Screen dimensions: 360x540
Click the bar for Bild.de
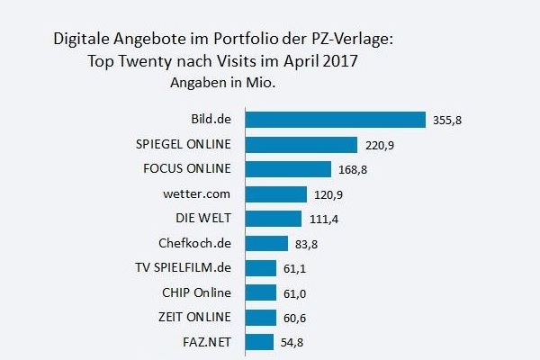click(335, 120)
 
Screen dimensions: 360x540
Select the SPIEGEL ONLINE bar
click(301, 145)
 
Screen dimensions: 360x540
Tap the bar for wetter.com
click(275, 193)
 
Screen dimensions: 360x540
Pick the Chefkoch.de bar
click(266, 243)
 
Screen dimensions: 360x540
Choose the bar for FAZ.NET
click(259, 341)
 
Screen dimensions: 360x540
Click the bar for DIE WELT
click(273, 219)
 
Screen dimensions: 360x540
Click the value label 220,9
click(380, 145)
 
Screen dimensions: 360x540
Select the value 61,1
click(296, 268)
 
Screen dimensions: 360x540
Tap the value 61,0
click(296, 292)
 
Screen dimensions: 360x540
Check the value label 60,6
click(296, 317)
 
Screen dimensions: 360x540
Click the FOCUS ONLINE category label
click(187, 169)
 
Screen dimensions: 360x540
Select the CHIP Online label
click(196, 292)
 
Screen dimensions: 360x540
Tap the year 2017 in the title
click(344, 63)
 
